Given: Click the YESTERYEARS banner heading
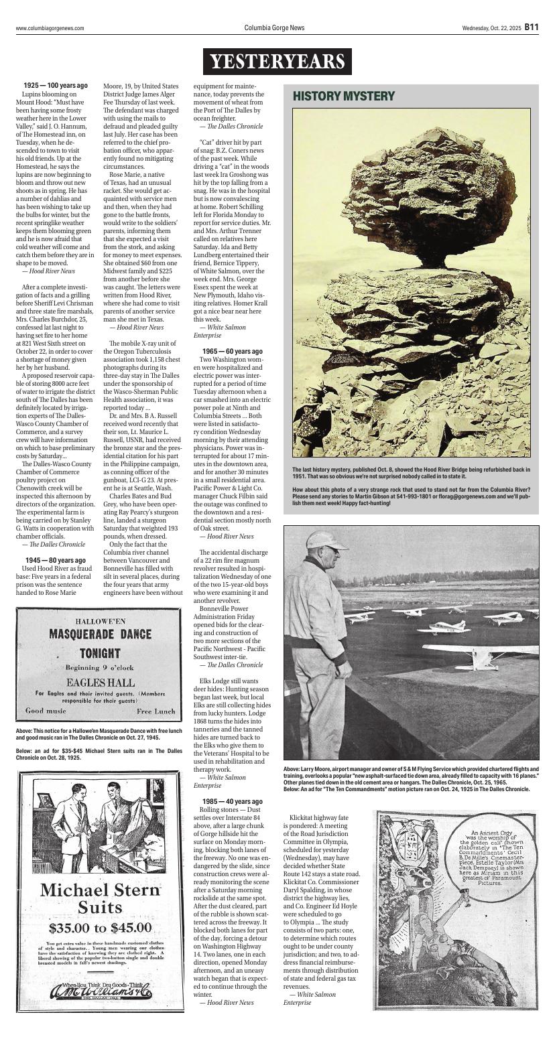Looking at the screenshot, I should [x=277, y=62].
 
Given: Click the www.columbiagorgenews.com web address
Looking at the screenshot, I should [x=50, y=28].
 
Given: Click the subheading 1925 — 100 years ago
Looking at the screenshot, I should [x=55, y=86].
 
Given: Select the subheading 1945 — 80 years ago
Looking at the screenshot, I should [x=55, y=560].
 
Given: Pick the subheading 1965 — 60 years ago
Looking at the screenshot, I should [x=232, y=351].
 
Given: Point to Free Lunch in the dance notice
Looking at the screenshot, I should [x=156, y=711].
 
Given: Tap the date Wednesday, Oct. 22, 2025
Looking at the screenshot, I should [x=491, y=28].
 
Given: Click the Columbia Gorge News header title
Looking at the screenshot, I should [x=274, y=28].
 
